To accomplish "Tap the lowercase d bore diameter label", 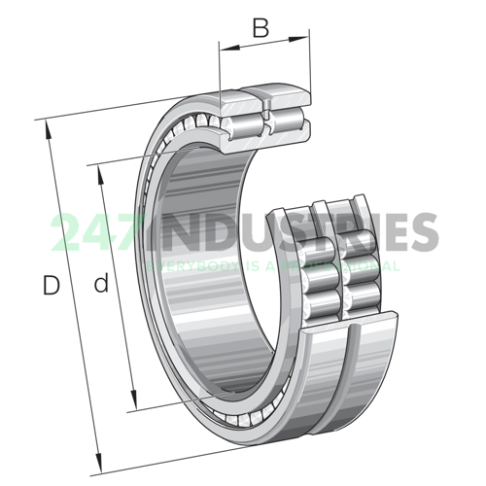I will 99,285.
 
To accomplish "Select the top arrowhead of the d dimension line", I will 99,171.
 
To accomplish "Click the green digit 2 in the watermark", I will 66,233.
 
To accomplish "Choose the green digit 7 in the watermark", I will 121,233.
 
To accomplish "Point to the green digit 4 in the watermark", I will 94,233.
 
